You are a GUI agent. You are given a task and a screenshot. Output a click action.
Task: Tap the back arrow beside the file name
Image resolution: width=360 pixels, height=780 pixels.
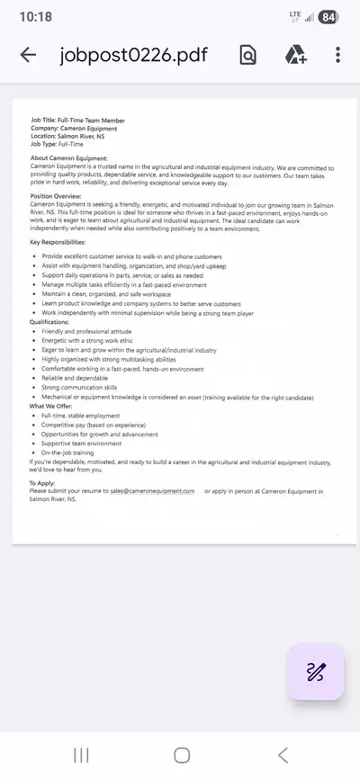tap(28, 55)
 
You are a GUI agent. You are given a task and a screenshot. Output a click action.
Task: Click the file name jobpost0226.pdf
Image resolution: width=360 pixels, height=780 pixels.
tap(133, 55)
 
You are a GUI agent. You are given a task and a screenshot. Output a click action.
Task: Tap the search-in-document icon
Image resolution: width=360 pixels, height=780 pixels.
tap(248, 55)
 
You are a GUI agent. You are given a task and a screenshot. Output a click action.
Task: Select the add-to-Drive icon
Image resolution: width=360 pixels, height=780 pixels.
tap(296, 55)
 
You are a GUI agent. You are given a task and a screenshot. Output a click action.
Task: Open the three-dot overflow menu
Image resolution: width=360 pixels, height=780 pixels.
tap(337, 55)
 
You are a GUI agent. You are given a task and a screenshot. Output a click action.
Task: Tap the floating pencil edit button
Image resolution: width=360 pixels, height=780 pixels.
tap(316, 671)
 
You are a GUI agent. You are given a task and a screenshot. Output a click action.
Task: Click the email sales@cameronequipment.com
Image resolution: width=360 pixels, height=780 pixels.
tap(152, 491)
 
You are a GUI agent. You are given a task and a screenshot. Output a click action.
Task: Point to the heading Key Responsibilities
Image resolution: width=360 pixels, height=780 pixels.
tap(64, 243)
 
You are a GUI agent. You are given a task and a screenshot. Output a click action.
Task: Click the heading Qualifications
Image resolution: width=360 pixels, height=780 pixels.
tap(49, 321)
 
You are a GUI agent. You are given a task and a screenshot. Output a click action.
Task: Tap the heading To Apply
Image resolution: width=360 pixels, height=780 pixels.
tap(42, 483)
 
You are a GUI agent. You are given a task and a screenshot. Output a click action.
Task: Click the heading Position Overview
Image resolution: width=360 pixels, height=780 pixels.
tap(56, 196)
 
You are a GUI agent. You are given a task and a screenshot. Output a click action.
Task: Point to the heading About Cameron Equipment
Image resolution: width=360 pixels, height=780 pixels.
tap(68, 158)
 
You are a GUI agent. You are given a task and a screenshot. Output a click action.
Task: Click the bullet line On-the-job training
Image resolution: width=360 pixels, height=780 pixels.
tap(67, 452)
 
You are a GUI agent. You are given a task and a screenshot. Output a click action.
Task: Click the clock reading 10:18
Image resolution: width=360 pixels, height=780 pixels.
tap(35, 16)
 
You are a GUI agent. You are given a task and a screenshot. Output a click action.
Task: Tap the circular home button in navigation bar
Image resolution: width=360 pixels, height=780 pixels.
tap(181, 755)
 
